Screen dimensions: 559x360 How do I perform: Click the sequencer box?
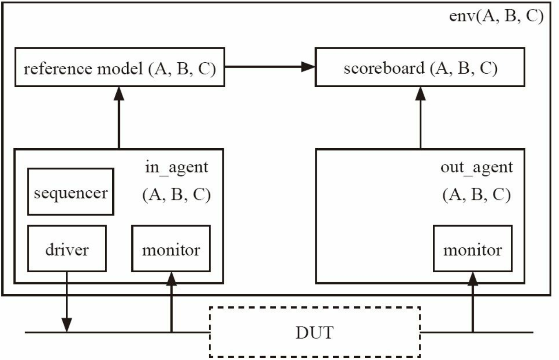71,192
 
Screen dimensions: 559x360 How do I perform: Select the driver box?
67,249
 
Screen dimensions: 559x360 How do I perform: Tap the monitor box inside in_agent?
171,249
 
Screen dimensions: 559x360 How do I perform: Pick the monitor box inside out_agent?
473,249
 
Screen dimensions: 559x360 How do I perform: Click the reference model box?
120,67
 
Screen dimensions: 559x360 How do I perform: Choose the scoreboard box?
420,67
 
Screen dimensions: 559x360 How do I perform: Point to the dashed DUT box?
315,332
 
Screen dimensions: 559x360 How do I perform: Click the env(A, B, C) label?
496,17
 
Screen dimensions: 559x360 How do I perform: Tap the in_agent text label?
176,167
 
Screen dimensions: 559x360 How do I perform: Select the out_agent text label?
477,167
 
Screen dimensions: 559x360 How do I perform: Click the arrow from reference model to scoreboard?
270,67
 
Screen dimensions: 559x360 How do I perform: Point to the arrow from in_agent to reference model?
119,118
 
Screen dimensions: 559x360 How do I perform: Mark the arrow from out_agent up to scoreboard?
420,118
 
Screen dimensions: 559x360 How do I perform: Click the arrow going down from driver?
67,302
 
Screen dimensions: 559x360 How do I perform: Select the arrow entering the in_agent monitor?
171,302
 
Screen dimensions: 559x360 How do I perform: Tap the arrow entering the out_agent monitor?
473,302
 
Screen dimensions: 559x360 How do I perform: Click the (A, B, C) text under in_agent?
176,195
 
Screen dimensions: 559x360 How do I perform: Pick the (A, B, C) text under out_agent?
477,195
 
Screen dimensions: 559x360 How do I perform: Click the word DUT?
315,332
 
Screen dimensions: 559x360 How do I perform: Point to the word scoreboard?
384,68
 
